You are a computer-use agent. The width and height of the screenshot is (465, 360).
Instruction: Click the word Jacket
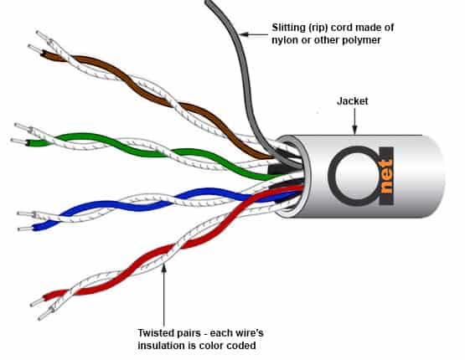point(352,101)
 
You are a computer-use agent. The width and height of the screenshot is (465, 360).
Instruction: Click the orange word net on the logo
point(386,177)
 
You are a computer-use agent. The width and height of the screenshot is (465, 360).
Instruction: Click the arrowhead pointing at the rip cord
point(244,34)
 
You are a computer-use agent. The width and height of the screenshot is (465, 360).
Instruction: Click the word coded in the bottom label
point(241,346)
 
